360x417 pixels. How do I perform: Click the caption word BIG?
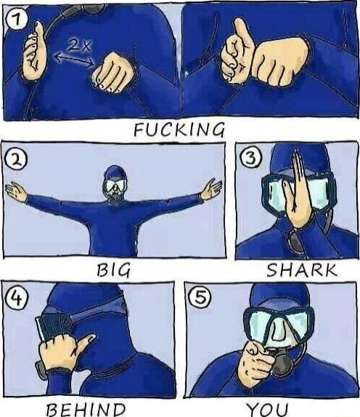(114, 271)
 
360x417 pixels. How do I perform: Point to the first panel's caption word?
(179, 130)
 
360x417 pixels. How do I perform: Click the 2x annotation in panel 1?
(78, 44)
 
